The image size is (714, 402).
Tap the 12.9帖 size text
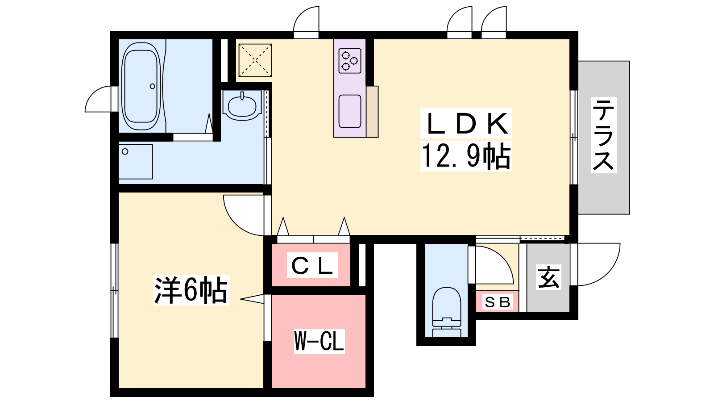(466, 156)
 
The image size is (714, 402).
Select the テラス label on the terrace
(603, 135)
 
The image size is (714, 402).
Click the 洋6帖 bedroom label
(191, 290)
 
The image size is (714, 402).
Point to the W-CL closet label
(319, 341)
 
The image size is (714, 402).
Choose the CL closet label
(312, 265)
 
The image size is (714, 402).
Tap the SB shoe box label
(498, 302)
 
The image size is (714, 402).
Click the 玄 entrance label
(548, 277)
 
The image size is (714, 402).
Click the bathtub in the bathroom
(141, 86)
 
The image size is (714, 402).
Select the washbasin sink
(242, 105)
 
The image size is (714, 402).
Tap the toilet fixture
(447, 312)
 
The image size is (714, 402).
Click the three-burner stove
(350, 61)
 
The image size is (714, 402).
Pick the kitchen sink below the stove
(350, 111)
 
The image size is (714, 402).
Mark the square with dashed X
(255, 60)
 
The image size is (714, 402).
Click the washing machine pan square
(136, 162)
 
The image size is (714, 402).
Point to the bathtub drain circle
(152, 86)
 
